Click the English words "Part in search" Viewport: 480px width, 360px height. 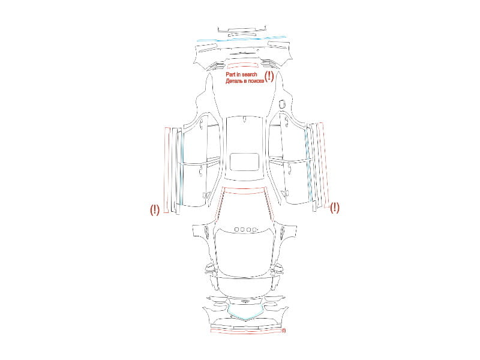coord(241,74)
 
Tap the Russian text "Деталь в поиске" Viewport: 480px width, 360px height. coord(245,81)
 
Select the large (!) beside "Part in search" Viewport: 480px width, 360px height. coord(269,76)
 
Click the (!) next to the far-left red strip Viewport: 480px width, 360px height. coord(155,209)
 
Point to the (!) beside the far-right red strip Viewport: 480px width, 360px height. coord(335,208)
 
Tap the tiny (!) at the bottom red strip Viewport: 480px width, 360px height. coord(284,331)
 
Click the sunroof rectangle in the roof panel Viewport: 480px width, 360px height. coord(245,161)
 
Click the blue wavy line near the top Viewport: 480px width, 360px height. coord(241,39)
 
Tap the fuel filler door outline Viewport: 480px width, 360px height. coord(282,103)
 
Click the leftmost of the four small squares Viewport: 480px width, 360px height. coord(236,229)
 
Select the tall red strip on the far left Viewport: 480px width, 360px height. coord(166,170)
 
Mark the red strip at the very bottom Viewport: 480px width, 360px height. coord(246,331)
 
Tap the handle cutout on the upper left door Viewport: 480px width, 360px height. coord(202,123)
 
